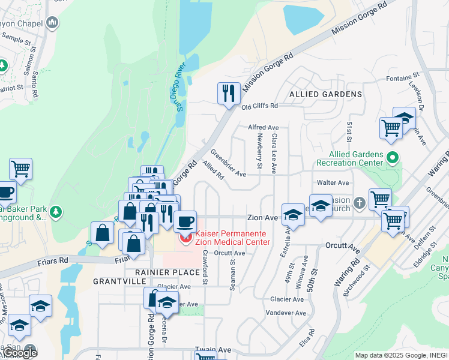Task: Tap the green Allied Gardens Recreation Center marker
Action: [x=393, y=158]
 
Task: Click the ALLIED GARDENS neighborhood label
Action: [x=326, y=94]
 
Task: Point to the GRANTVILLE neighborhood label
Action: [x=116, y=281]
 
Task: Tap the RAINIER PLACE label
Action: [x=158, y=271]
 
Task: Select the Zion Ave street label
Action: [x=262, y=218]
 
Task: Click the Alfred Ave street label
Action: [x=264, y=128]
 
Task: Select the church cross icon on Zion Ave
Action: [x=359, y=203]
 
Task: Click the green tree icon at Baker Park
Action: [x=56, y=212]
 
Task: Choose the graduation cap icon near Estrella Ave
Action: [x=292, y=214]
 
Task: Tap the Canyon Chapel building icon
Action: [x=52, y=23]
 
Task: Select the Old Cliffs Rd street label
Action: [x=259, y=106]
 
